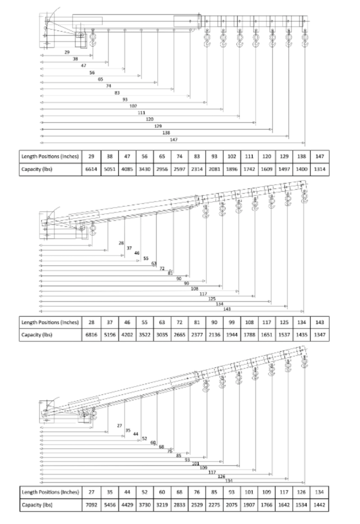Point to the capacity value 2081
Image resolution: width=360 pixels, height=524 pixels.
click(215, 169)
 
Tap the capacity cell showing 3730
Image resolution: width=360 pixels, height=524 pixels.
click(144, 505)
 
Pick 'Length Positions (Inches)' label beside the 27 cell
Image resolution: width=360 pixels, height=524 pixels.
click(50, 492)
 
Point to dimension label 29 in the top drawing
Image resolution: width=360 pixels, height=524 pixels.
click(67, 52)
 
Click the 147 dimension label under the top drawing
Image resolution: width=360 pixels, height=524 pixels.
click(174, 140)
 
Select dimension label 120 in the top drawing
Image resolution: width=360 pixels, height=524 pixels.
click(149, 119)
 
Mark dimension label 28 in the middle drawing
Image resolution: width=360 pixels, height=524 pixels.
click(121, 243)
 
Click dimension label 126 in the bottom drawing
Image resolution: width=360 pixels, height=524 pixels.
click(221, 476)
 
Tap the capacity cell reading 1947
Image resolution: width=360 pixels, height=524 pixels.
click(232, 335)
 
